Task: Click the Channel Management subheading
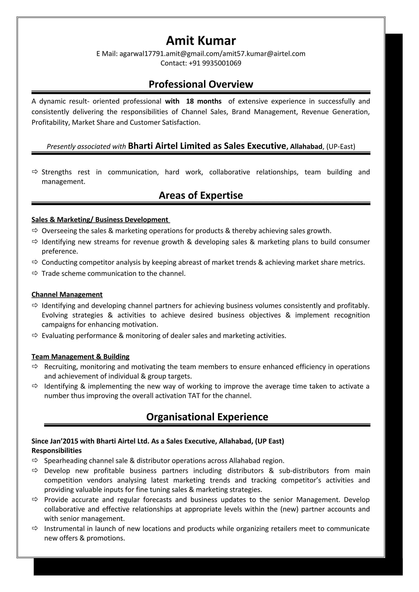(x=67, y=294)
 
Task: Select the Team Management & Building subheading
(x=80, y=357)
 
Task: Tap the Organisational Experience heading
(x=207, y=417)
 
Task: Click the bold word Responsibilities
(x=56, y=450)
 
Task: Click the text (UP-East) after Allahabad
(x=340, y=147)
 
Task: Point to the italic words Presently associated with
(x=86, y=147)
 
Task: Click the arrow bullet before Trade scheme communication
(x=35, y=273)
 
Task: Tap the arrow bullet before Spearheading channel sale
(x=35, y=460)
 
